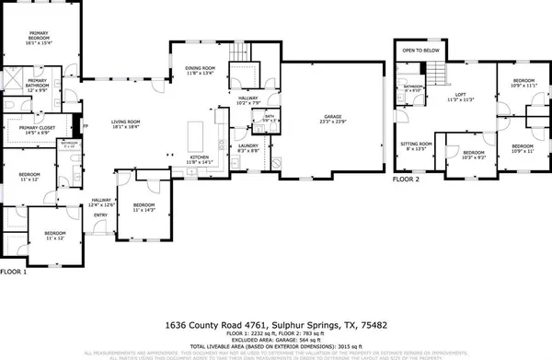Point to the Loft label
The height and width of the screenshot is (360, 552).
(x=459, y=96)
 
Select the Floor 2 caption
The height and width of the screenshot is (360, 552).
(x=405, y=180)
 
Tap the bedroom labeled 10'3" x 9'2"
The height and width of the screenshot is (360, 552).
(x=473, y=155)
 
